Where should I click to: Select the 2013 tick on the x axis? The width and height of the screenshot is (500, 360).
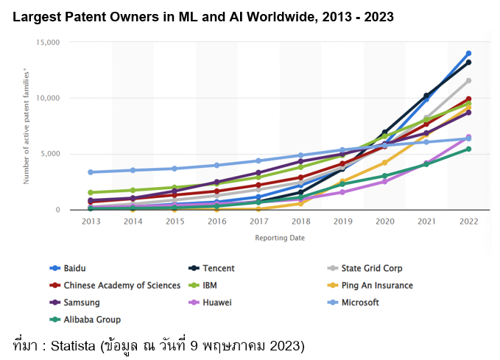click(91, 221)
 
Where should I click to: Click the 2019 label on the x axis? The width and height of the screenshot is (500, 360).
click(342, 221)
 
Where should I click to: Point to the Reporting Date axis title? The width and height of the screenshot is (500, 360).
click(280, 238)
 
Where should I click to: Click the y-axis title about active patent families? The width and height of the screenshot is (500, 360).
click(27, 126)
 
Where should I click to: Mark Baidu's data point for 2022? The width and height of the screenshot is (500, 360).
click(468, 54)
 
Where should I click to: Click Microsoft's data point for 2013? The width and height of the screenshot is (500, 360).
click(91, 172)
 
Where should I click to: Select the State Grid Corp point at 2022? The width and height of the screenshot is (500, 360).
click(468, 81)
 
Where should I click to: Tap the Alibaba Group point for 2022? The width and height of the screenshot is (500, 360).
click(468, 149)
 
